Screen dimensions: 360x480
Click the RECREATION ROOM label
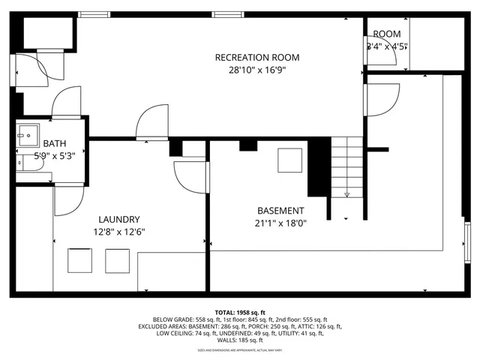tap(257, 58)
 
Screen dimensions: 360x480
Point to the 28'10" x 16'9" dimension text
tap(257, 70)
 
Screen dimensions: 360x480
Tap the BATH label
tap(55, 143)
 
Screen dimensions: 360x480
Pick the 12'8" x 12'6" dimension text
tap(119, 232)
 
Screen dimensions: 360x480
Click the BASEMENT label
tap(280, 211)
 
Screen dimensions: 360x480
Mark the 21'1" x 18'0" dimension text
tap(280, 223)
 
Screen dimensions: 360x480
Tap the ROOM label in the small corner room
tap(387, 34)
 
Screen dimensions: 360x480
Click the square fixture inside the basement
tap(290, 160)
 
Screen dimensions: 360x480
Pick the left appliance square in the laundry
tap(80, 260)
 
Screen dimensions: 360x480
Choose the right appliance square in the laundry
tap(117, 260)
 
